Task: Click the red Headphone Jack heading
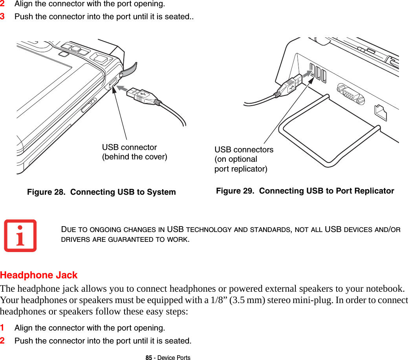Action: click(39, 275)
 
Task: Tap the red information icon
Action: click(20, 236)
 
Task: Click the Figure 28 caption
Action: click(101, 192)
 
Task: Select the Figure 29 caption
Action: click(305, 191)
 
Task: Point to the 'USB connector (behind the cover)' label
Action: click(134, 152)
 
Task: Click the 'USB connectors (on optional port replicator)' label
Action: click(243, 159)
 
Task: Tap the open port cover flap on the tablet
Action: click(129, 69)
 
